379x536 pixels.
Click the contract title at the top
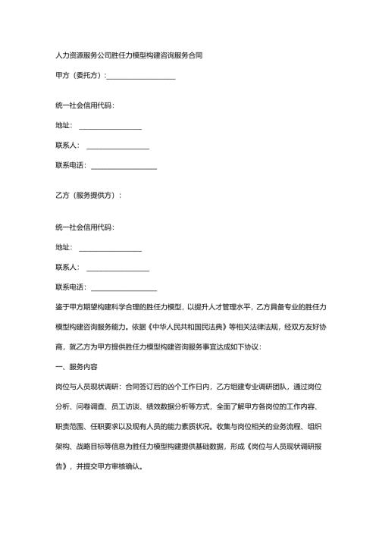click(x=129, y=55)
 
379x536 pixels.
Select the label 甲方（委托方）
click(x=80, y=76)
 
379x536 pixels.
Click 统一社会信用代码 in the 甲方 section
click(x=85, y=105)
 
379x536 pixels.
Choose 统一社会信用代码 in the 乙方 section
click(x=85, y=227)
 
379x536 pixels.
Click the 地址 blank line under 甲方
click(x=110, y=126)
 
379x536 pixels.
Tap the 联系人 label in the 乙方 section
click(x=67, y=267)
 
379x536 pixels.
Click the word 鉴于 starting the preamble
click(x=63, y=307)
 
